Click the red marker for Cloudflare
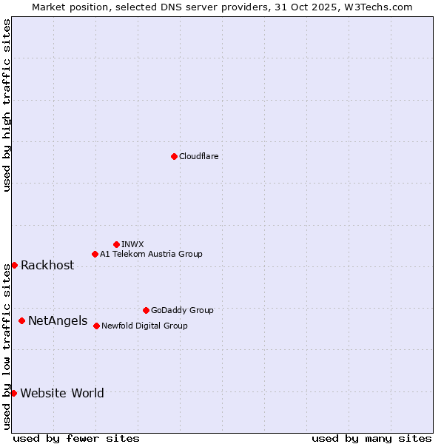(x=174, y=156)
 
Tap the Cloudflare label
(x=198, y=156)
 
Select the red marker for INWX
(x=116, y=244)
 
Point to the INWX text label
(x=132, y=244)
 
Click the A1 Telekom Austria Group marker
(x=95, y=254)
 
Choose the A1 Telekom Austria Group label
(x=151, y=254)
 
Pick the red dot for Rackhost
(x=14, y=265)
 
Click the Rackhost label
(x=47, y=266)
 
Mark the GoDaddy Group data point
(x=146, y=310)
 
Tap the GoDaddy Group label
(x=182, y=310)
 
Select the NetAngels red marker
(x=21, y=320)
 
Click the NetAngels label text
(x=58, y=321)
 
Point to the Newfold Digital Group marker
(x=96, y=326)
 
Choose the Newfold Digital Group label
(x=144, y=326)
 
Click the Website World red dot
(x=13, y=393)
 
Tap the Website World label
(x=62, y=393)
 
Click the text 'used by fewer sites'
(x=76, y=438)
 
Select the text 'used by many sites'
(x=371, y=438)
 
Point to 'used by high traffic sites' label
(x=7, y=106)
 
